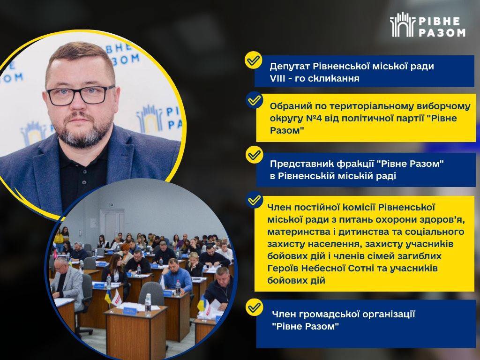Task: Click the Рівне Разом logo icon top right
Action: pyautogui.click(x=402, y=24)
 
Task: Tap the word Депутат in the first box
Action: pyautogui.click(x=290, y=67)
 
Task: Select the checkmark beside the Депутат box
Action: pyautogui.click(x=254, y=60)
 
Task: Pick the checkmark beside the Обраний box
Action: pyautogui.click(x=254, y=100)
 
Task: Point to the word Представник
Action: pyautogui.click(x=301, y=164)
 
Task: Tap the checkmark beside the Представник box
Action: pyautogui.click(x=254, y=155)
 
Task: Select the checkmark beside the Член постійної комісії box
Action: pyautogui.click(x=254, y=200)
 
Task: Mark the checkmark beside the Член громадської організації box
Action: pyautogui.click(x=254, y=307)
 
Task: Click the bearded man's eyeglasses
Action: pyautogui.click(x=80, y=95)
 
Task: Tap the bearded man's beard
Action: pyautogui.click(x=82, y=130)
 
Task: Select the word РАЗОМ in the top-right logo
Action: pyautogui.click(x=442, y=32)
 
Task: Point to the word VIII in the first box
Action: pyautogui.click(x=276, y=79)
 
